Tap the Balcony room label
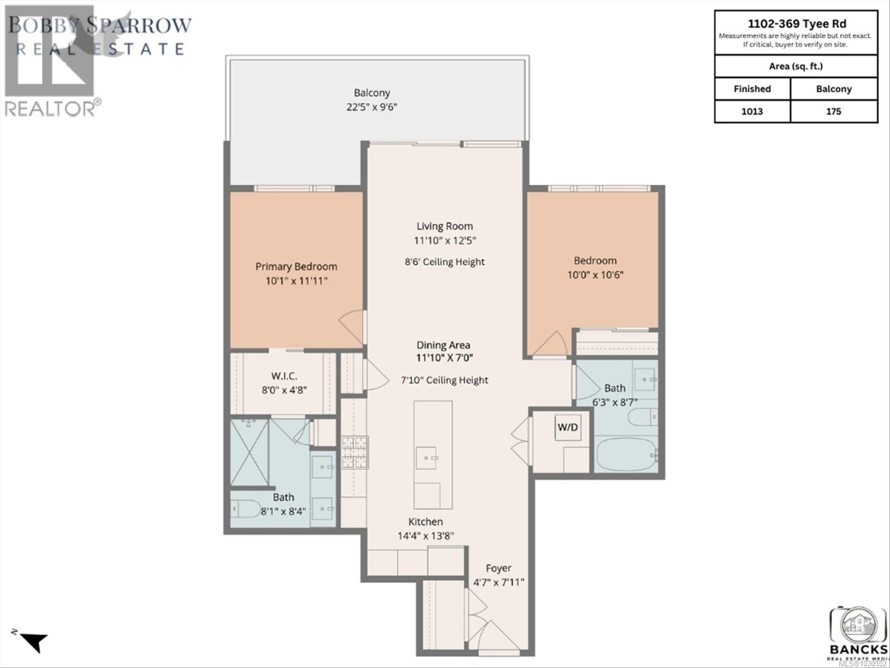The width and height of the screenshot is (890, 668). (372, 93)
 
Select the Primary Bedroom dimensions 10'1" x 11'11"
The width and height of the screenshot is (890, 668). (296, 281)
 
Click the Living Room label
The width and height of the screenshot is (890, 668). (444, 226)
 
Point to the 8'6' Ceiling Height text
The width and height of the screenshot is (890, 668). (444, 262)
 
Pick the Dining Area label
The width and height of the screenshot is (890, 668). (443, 345)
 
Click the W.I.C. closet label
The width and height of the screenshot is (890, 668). (284, 376)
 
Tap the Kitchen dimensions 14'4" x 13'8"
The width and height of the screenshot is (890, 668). (426, 536)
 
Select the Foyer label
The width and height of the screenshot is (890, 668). (498, 568)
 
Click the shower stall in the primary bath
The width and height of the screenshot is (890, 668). (249, 452)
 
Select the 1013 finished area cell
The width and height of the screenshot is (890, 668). (752, 111)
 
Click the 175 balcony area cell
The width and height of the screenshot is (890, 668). (833, 111)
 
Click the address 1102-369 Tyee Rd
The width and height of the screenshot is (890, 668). (796, 23)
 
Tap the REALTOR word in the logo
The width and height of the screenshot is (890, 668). (50, 109)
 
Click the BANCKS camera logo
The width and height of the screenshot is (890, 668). (858, 626)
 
